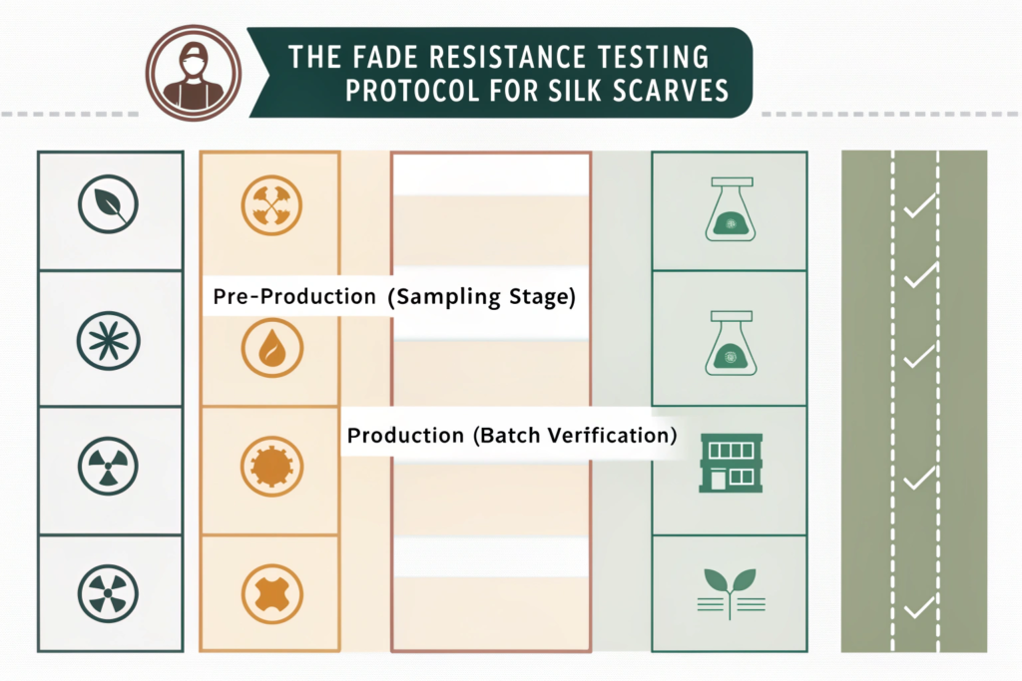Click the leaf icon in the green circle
pos(108,203)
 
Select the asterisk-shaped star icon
pos(108,338)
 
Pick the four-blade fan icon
pos(108,594)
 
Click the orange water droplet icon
pos(271,347)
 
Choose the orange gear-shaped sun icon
pos(271,466)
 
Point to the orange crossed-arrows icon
pos(271,204)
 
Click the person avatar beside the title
pos(194,70)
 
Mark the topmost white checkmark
pos(917,207)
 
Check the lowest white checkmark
pos(917,606)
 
